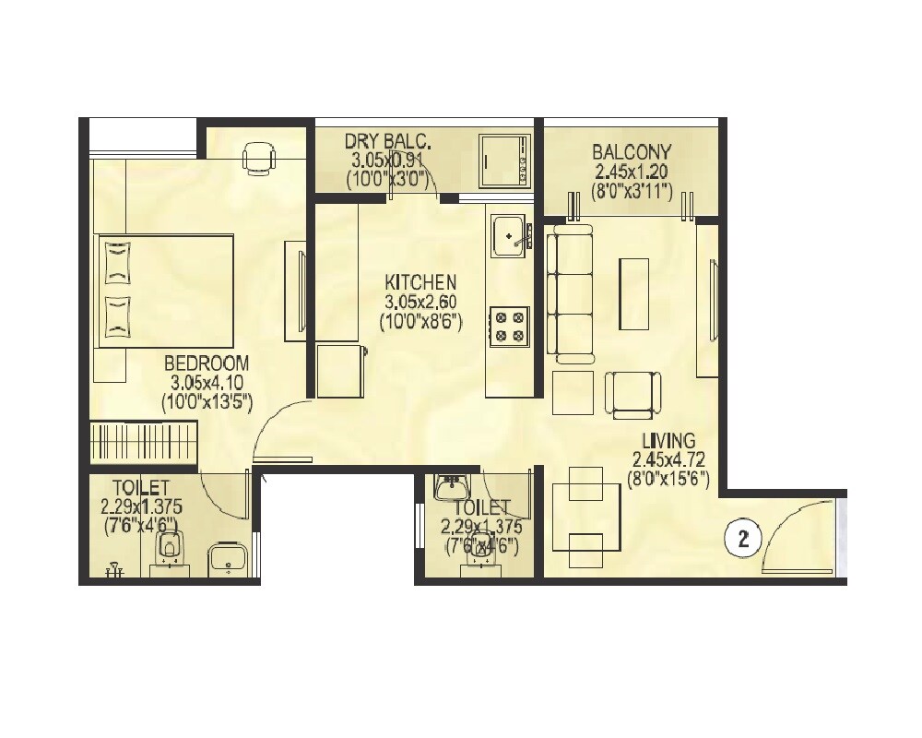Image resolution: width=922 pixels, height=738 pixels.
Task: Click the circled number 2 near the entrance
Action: pyautogui.click(x=744, y=538)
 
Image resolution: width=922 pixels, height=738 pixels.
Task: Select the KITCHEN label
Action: pyautogui.click(x=420, y=282)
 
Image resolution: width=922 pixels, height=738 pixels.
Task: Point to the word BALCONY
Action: pyautogui.click(x=632, y=151)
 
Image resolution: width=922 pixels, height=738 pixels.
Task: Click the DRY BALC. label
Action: pyautogui.click(x=388, y=141)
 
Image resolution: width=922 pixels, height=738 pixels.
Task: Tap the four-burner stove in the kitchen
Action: pyautogui.click(x=507, y=326)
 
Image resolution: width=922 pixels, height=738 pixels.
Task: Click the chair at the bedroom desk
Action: pyautogui.click(x=258, y=158)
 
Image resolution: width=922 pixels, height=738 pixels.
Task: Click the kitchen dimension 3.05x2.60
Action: pyautogui.click(x=420, y=302)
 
